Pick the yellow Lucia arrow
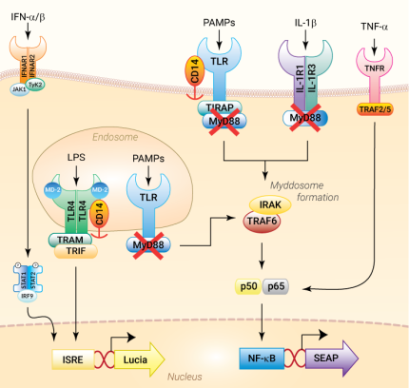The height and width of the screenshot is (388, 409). point(138,359)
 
